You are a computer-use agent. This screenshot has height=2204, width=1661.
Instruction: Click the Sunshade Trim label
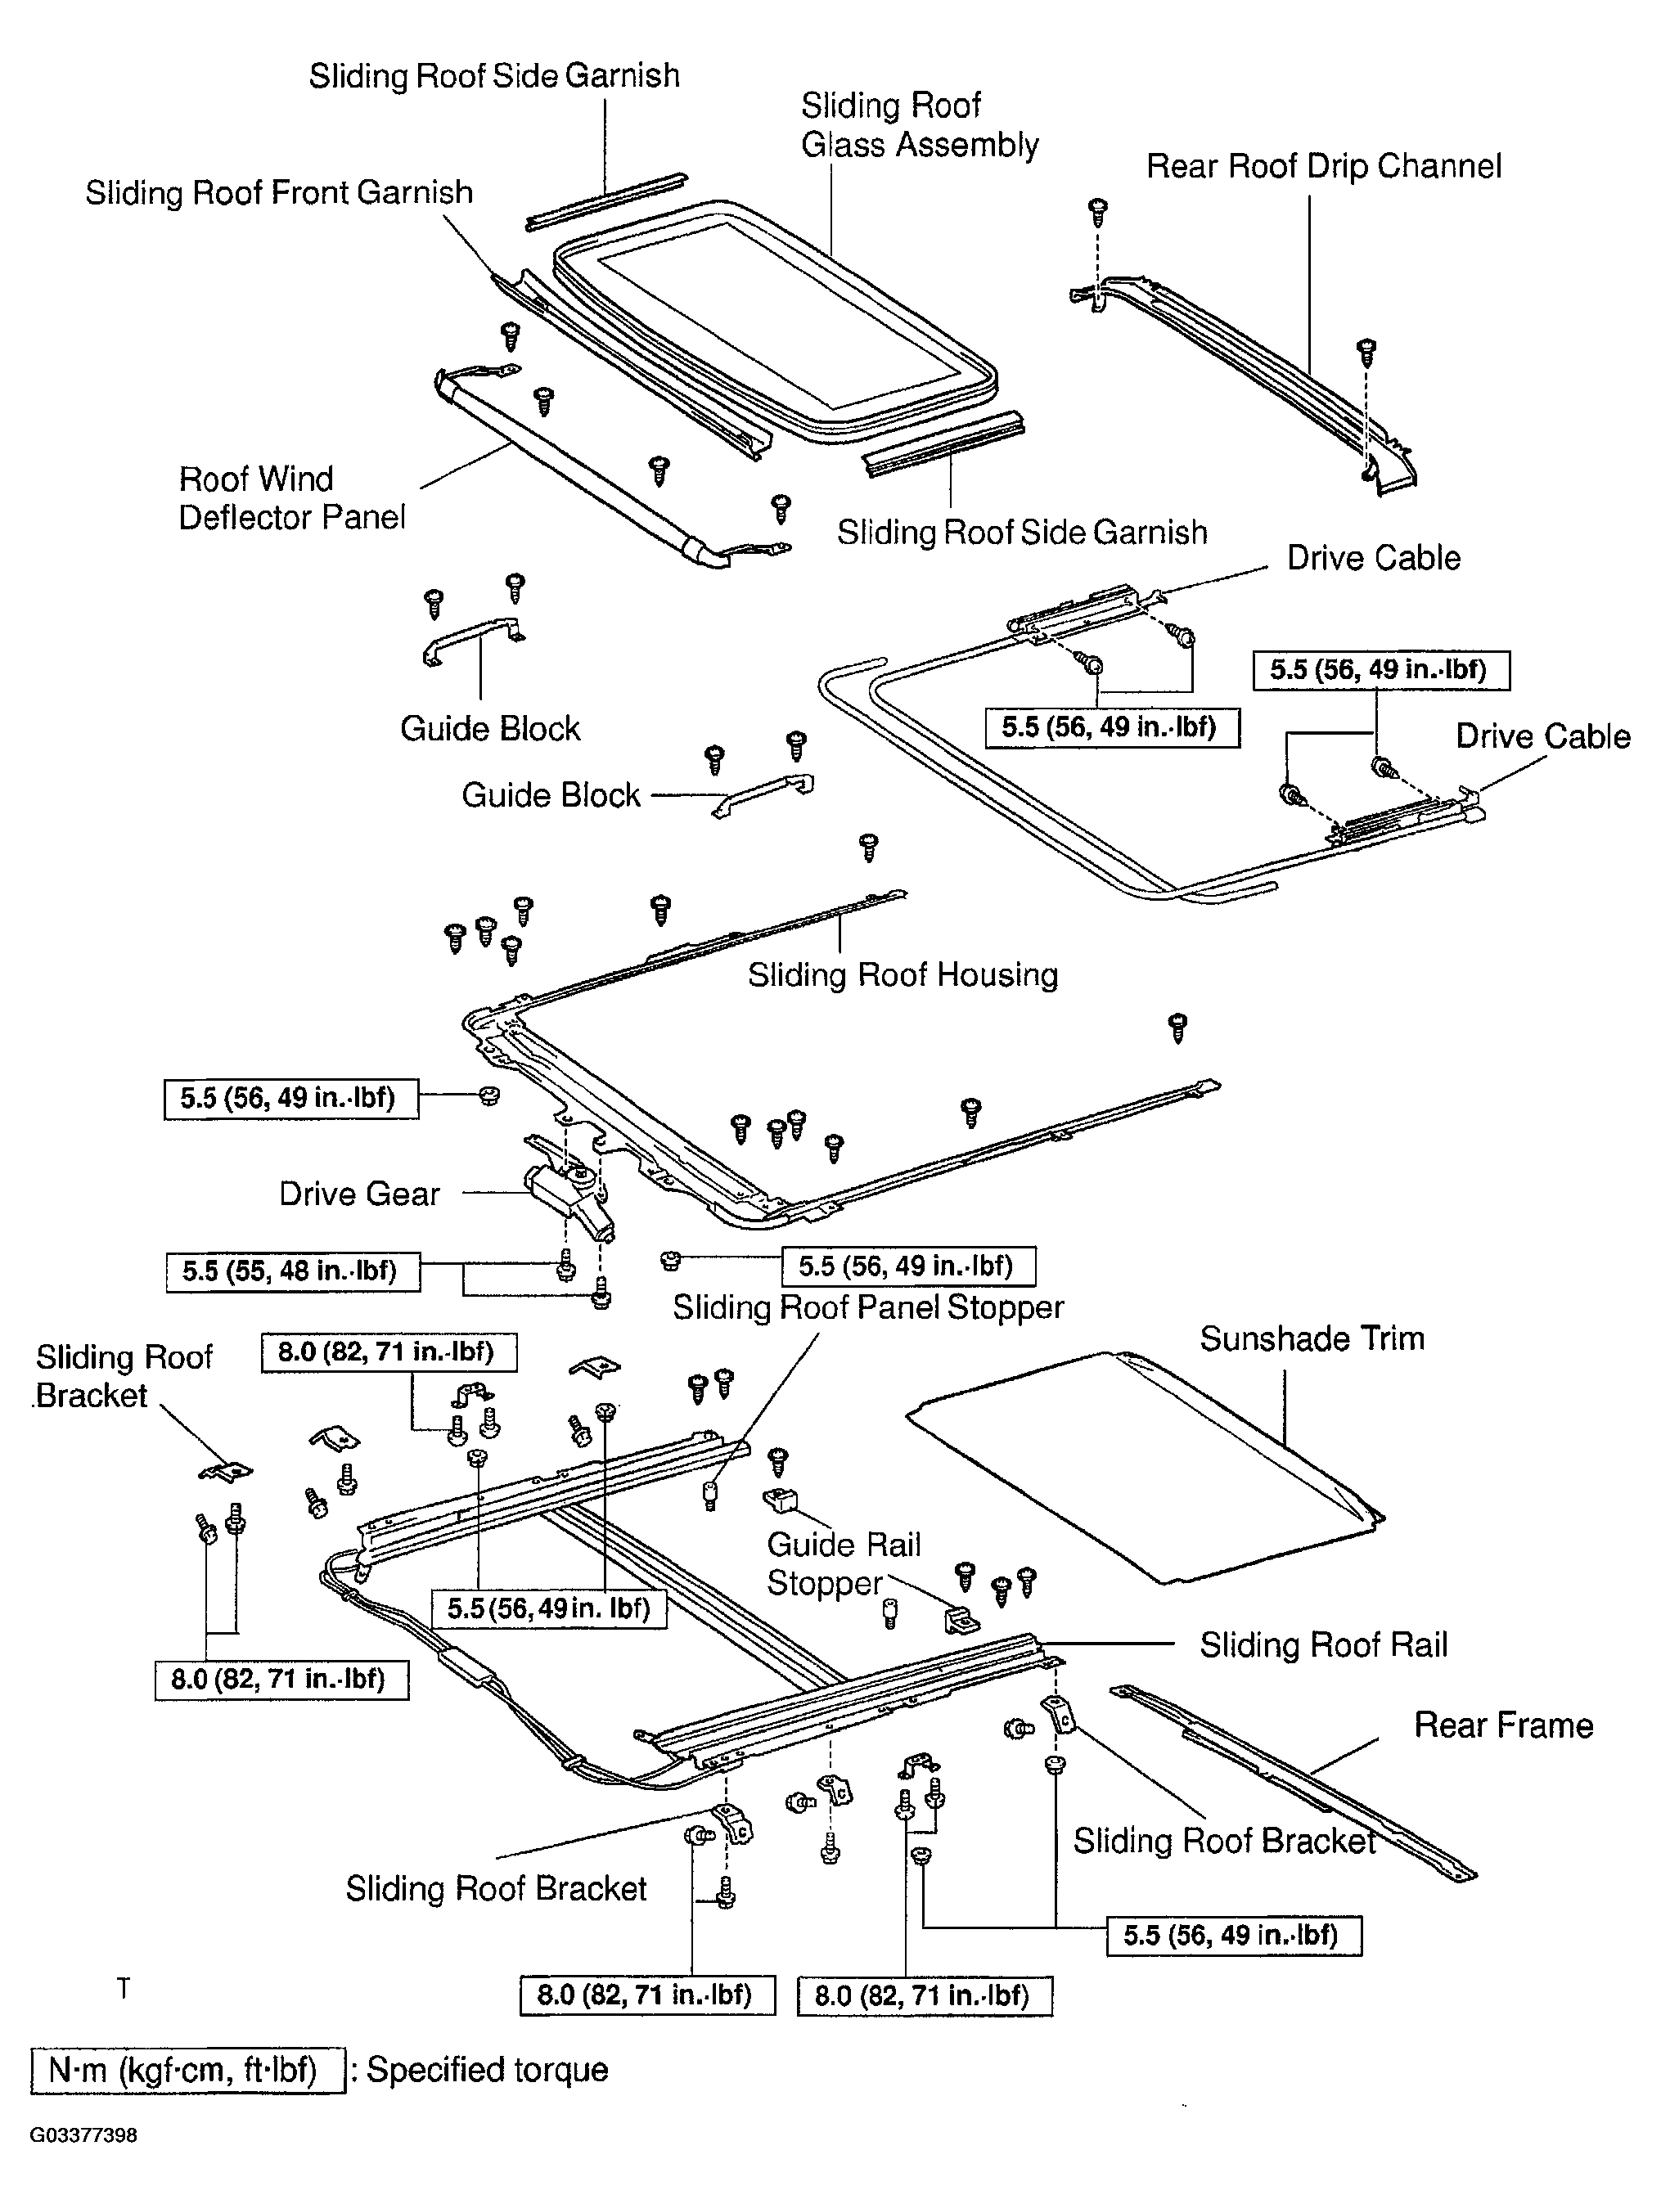[x=1312, y=1338]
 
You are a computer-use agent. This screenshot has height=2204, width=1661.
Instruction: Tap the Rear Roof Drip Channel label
[x=1323, y=166]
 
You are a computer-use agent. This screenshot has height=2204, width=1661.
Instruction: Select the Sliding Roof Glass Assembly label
[x=920, y=125]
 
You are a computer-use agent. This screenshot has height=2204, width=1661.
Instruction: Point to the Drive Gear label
[x=358, y=1194]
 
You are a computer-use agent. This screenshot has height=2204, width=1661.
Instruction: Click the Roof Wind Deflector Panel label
[x=292, y=498]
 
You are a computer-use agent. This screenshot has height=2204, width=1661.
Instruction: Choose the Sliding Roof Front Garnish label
[x=279, y=192]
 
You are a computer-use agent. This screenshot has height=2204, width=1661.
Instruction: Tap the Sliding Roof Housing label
[x=903, y=974]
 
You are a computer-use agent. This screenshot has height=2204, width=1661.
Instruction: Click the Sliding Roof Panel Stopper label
[x=868, y=1307]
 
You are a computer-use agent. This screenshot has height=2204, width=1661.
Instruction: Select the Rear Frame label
[x=1504, y=1725]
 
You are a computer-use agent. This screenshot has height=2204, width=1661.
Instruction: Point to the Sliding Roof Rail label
[x=1323, y=1645]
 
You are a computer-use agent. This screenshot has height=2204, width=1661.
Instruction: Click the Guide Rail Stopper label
[x=843, y=1563]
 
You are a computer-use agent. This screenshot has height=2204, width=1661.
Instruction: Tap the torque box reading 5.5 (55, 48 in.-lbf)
[x=293, y=1271]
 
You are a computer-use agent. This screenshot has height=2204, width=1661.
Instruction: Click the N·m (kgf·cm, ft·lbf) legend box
[x=188, y=2071]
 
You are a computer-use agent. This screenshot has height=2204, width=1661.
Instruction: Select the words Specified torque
[x=487, y=2071]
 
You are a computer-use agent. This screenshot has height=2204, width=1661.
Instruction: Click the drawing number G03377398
[x=83, y=2136]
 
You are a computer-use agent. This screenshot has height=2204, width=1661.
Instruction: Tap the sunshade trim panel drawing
[x=1145, y=1464]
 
